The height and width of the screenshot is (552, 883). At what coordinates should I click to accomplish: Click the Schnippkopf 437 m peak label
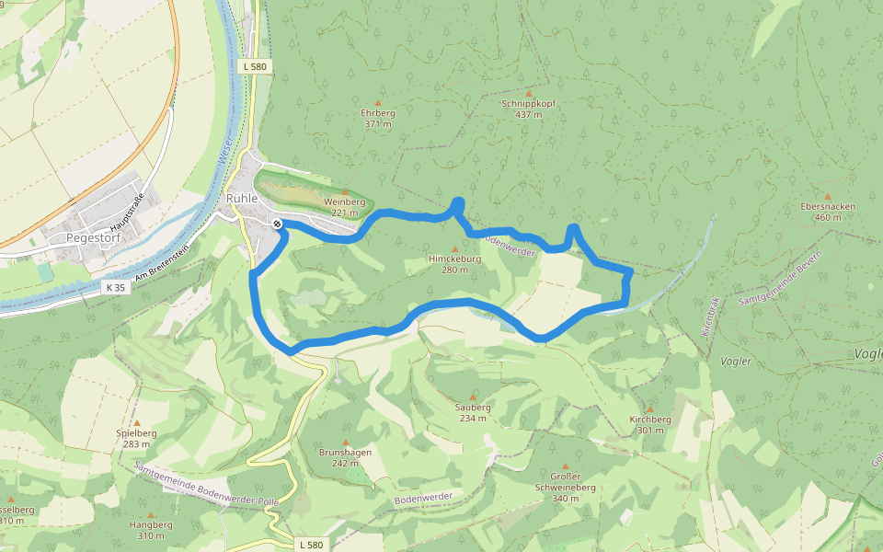pyautogui.click(x=528, y=109)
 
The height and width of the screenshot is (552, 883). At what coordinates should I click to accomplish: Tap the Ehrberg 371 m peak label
pyautogui.click(x=378, y=118)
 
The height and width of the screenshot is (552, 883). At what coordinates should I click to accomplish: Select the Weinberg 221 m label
pyautogui.click(x=345, y=206)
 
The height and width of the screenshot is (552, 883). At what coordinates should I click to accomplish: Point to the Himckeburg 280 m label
pyautogui.click(x=454, y=264)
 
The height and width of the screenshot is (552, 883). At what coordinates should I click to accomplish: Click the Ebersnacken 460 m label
pyautogui.click(x=828, y=212)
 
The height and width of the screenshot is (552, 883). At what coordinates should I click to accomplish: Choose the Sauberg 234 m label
pyautogui.click(x=473, y=412)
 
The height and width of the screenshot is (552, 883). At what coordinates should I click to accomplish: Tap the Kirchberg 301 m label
pyautogui.click(x=649, y=424)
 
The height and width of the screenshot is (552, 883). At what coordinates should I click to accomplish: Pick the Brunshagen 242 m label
pyautogui.click(x=345, y=457)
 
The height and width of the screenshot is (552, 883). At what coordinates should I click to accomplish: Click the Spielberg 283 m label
pyautogui.click(x=136, y=438)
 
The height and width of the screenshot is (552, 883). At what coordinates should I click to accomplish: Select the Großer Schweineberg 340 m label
pyautogui.click(x=566, y=487)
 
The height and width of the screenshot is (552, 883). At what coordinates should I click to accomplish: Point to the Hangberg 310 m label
pyautogui.click(x=151, y=529)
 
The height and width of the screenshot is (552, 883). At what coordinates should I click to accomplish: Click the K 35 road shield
pyautogui.click(x=115, y=288)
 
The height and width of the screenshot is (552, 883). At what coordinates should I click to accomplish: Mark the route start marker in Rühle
pyautogui.click(x=277, y=224)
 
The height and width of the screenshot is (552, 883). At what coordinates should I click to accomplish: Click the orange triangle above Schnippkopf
pyautogui.click(x=528, y=93)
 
